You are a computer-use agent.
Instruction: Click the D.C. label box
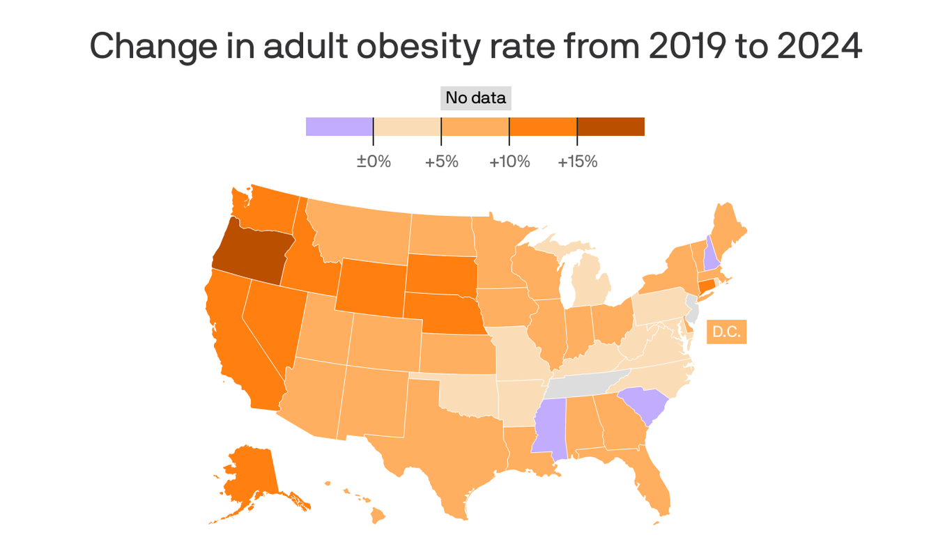[x=726, y=332]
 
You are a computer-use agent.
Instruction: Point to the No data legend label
[x=476, y=98]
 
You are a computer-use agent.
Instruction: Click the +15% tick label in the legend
[x=577, y=162]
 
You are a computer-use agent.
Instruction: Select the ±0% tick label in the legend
[x=374, y=162]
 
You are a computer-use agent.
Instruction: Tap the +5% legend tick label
[x=441, y=162]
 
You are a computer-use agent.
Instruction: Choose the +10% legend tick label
[x=509, y=162]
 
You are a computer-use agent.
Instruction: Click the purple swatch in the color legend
[x=339, y=126]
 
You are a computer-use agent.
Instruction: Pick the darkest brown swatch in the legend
[x=611, y=126]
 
